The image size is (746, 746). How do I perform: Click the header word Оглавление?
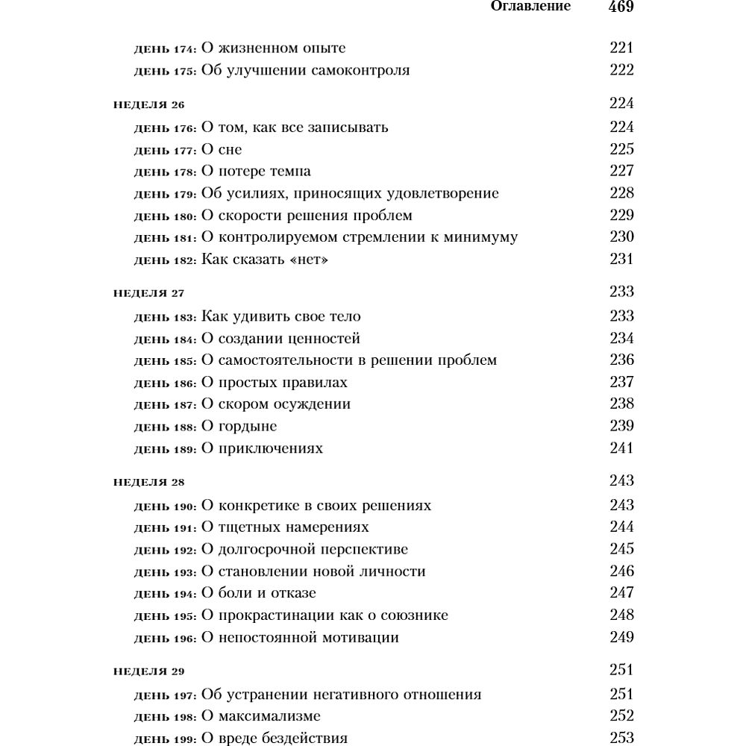coord(530,7)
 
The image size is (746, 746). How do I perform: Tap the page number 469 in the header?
coord(621,7)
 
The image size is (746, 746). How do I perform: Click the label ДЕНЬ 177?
coord(166,150)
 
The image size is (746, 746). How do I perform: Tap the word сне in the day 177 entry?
coord(230,149)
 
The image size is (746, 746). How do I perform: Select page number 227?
coord(621,171)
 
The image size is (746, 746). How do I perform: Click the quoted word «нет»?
coord(303,260)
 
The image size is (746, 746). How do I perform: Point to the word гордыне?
coord(248,427)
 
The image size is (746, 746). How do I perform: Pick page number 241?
coord(621,448)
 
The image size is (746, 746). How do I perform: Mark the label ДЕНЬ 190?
coord(166,507)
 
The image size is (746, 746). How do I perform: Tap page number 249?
coord(621,637)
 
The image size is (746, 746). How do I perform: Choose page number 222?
coord(621,71)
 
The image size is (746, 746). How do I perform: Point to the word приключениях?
coord(271,449)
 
